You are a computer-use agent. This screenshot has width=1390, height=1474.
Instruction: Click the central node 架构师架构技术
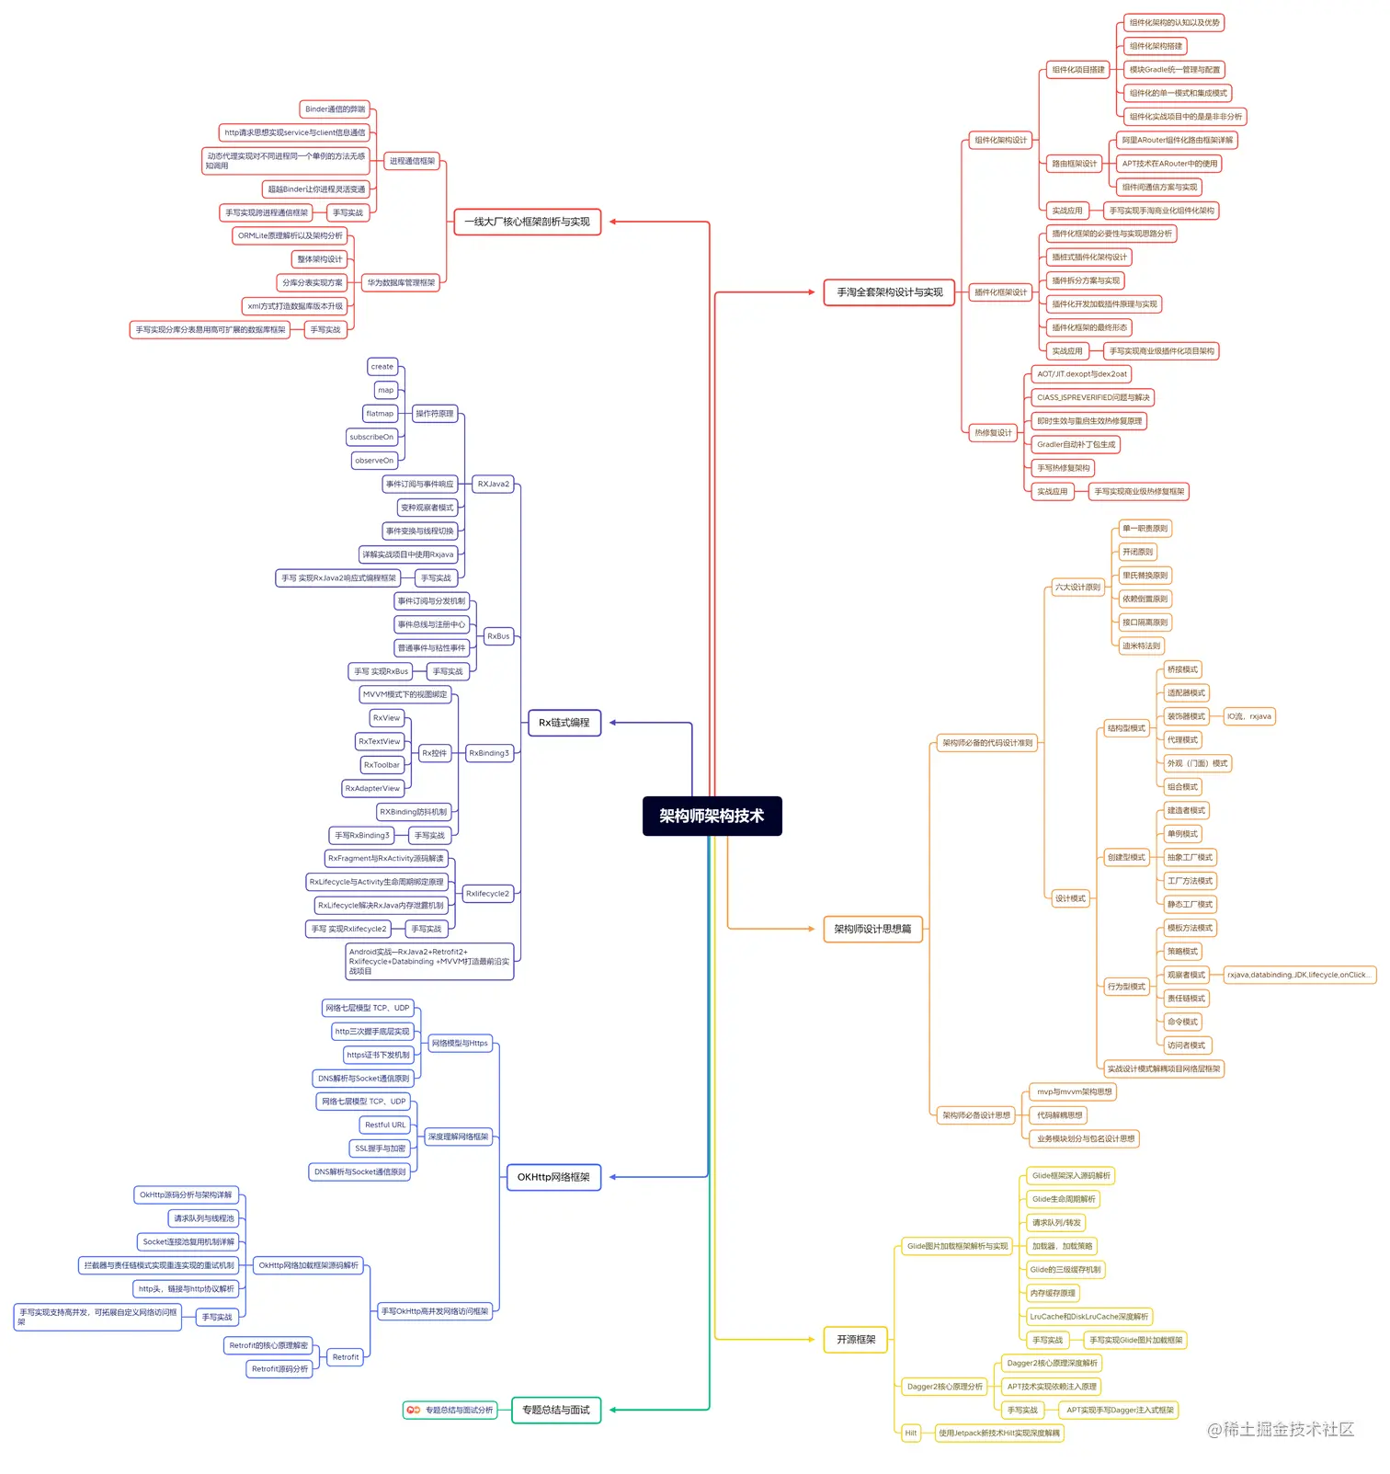coord(712,816)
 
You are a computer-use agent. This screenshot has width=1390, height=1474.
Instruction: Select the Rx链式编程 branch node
coord(564,723)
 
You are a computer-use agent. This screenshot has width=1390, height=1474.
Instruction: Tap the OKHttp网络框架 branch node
coord(553,1177)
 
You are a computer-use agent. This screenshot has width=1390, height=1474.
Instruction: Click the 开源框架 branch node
coord(856,1340)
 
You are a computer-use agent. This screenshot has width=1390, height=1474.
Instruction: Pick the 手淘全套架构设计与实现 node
coord(889,292)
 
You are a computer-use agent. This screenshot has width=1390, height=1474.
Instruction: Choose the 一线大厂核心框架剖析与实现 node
coord(527,222)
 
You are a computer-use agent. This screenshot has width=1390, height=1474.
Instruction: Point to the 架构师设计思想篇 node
coord(872,929)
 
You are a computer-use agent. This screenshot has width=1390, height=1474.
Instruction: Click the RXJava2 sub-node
coord(493,484)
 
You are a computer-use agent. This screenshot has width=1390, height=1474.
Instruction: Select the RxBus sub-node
coord(498,636)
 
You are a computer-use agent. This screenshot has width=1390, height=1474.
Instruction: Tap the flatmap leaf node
coord(380,414)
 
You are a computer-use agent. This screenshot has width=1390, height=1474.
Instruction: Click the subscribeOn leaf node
coord(371,437)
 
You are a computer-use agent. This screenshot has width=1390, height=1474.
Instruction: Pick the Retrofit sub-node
coord(346,1357)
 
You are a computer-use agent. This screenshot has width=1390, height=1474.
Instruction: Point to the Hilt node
coord(910,1433)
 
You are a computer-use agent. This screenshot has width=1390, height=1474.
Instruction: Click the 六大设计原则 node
coord(1077,587)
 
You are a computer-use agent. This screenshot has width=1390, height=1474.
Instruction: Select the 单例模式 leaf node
coord(1182,834)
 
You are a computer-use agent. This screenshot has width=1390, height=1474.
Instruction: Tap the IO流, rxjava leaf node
coord(1248,716)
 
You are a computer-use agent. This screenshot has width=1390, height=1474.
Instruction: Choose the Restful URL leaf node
coord(384,1125)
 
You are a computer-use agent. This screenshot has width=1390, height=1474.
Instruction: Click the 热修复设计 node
coord(993,432)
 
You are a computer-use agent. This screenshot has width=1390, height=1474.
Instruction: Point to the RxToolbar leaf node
coord(382,765)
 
